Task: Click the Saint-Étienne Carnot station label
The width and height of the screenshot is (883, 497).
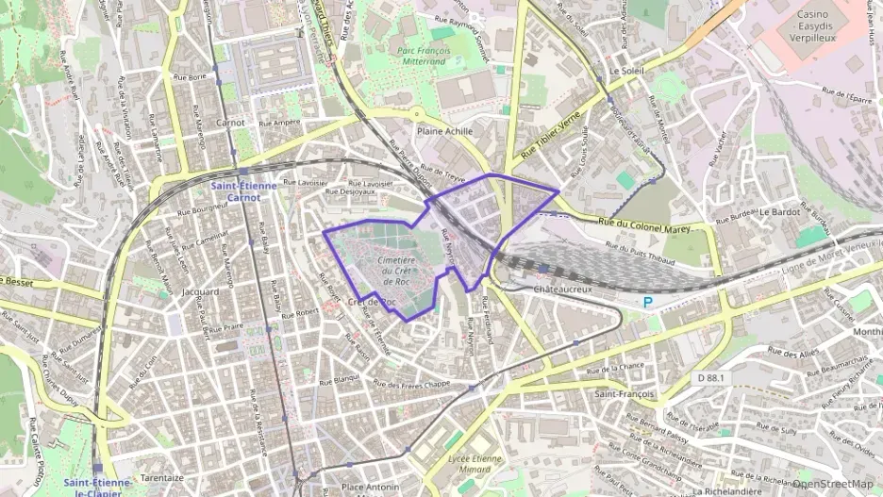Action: (x=243, y=191)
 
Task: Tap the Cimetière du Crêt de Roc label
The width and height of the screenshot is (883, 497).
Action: (x=396, y=267)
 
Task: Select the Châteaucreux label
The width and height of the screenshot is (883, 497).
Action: (x=562, y=289)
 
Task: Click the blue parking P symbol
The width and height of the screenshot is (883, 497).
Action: (x=647, y=303)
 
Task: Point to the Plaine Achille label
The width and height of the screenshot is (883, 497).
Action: (x=444, y=131)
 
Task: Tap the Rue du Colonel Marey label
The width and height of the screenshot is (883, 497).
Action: (x=645, y=225)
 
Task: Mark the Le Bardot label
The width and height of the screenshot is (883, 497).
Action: (x=779, y=212)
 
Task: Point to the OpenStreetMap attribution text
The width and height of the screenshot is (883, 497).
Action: (x=832, y=484)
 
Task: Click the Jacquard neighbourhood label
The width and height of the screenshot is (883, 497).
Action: (x=200, y=291)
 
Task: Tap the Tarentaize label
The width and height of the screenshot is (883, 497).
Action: (x=162, y=478)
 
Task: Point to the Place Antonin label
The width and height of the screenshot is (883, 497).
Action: (x=366, y=488)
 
